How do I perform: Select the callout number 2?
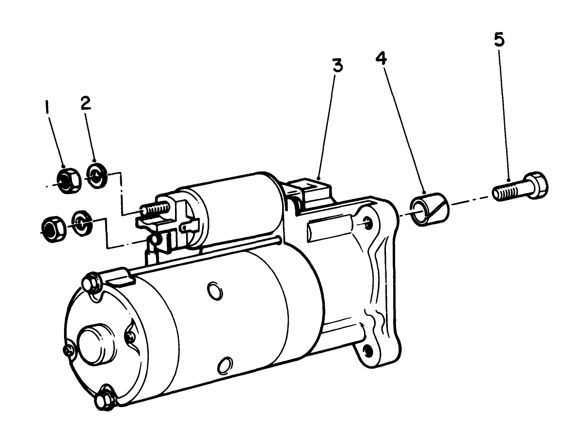click(85, 103)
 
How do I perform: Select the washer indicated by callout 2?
click(97, 174)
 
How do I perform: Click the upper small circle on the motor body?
click(214, 292)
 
